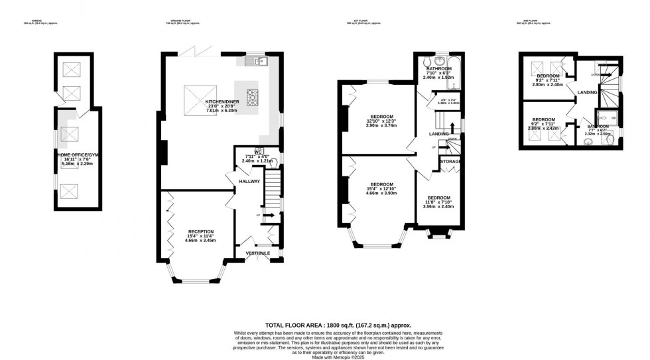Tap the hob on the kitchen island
[252, 97]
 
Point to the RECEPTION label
[200, 231]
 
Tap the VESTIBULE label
[257, 253]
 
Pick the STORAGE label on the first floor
[450, 162]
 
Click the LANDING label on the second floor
[587, 92]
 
